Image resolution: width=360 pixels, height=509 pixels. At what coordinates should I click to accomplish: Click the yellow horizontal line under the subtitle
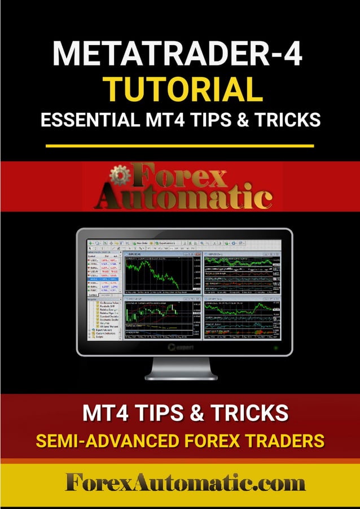click(x=179, y=146)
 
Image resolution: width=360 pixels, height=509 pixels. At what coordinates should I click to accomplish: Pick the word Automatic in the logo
click(x=183, y=198)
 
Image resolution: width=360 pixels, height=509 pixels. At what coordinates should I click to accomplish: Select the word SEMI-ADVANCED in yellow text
click(x=99, y=440)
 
